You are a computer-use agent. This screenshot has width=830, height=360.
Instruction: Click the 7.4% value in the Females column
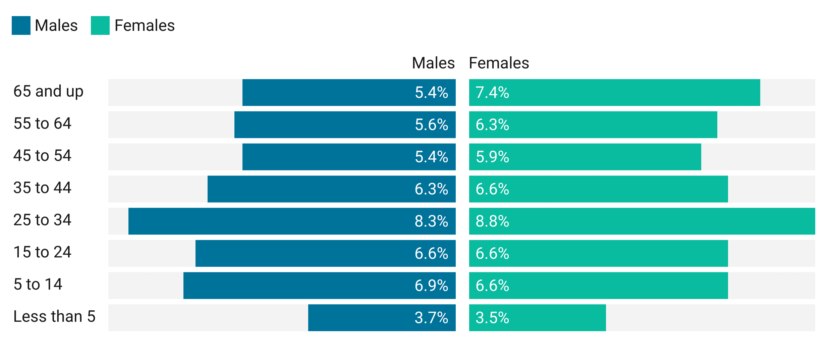(x=492, y=93)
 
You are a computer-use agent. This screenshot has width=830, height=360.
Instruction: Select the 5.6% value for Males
(x=431, y=125)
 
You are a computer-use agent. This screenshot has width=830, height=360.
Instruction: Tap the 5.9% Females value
(x=492, y=157)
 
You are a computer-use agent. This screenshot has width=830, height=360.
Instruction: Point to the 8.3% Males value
(x=431, y=221)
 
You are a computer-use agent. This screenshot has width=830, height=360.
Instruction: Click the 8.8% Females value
(x=492, y=221)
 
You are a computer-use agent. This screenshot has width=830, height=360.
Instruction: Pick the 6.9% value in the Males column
(x=431, y=286)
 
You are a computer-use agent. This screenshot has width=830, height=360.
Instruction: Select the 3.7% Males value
(x=431, y=318)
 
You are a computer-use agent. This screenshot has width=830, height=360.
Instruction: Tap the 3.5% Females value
(x=492, y=318)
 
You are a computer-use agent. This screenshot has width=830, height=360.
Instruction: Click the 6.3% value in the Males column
(x=431, y=189)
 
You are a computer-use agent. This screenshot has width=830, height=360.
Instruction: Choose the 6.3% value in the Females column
(x=492, y=125)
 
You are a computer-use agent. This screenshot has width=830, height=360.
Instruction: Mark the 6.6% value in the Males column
(x=431, y=254)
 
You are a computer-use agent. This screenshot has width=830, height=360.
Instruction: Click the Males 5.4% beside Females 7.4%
(x=431, y=93)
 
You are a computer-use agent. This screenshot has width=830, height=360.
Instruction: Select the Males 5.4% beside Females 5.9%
(x=431, y=157)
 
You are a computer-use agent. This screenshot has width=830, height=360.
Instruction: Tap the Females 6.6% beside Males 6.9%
(x=492, y=286)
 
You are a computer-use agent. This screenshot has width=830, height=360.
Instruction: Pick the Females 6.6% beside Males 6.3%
(x=492, y=189)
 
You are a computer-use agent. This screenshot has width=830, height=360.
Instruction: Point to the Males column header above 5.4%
(x=433, y=65)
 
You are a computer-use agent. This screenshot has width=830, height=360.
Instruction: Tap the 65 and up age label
(x=49, y=91)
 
